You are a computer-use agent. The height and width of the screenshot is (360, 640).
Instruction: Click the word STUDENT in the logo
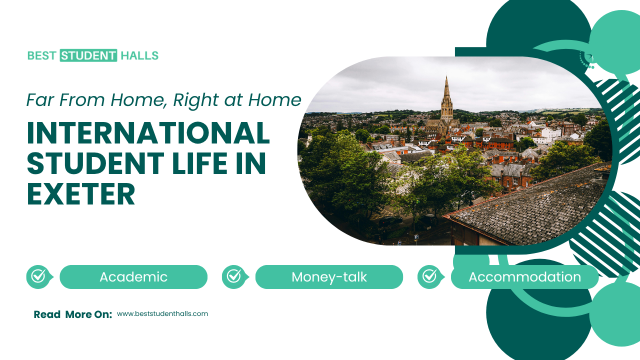pyautogui.click(x=88, y=55)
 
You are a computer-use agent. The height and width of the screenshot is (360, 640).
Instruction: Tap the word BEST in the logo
pyautogui.click(x=41, y=55)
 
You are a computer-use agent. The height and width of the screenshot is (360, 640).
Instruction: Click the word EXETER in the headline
pyautogui.click(x=80, y=194)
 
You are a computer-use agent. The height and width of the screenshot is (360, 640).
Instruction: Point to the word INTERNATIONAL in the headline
pyautogui.click(x=148, y=133)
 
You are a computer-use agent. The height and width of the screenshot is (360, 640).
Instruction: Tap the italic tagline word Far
pyautogui.click(x=39, y=100)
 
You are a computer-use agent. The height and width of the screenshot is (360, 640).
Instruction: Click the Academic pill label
pyautogui.click(x=133, y=277)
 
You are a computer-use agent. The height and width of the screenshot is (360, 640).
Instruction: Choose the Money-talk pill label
pyautogui.click(x=329, y=277)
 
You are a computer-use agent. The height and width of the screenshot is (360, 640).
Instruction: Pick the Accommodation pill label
pyautogui.click(x=524, y=277)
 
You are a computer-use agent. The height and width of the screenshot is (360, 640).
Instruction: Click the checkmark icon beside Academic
pyautogui.click(x=38, y=276)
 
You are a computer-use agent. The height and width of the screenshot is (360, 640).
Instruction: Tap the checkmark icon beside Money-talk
pyautogui.click(x=234, y=276)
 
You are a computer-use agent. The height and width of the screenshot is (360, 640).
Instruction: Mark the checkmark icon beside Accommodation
pyautogui.click(x=429, y=276)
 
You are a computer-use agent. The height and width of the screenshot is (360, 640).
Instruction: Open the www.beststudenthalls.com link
pyautogui.click(x=162, y=314)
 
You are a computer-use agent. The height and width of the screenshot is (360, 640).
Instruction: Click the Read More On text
pyautogui.click(x=72, y=314)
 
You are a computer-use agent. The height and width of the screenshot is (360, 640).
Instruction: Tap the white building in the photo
pyautogui.click(x=550, y=134)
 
